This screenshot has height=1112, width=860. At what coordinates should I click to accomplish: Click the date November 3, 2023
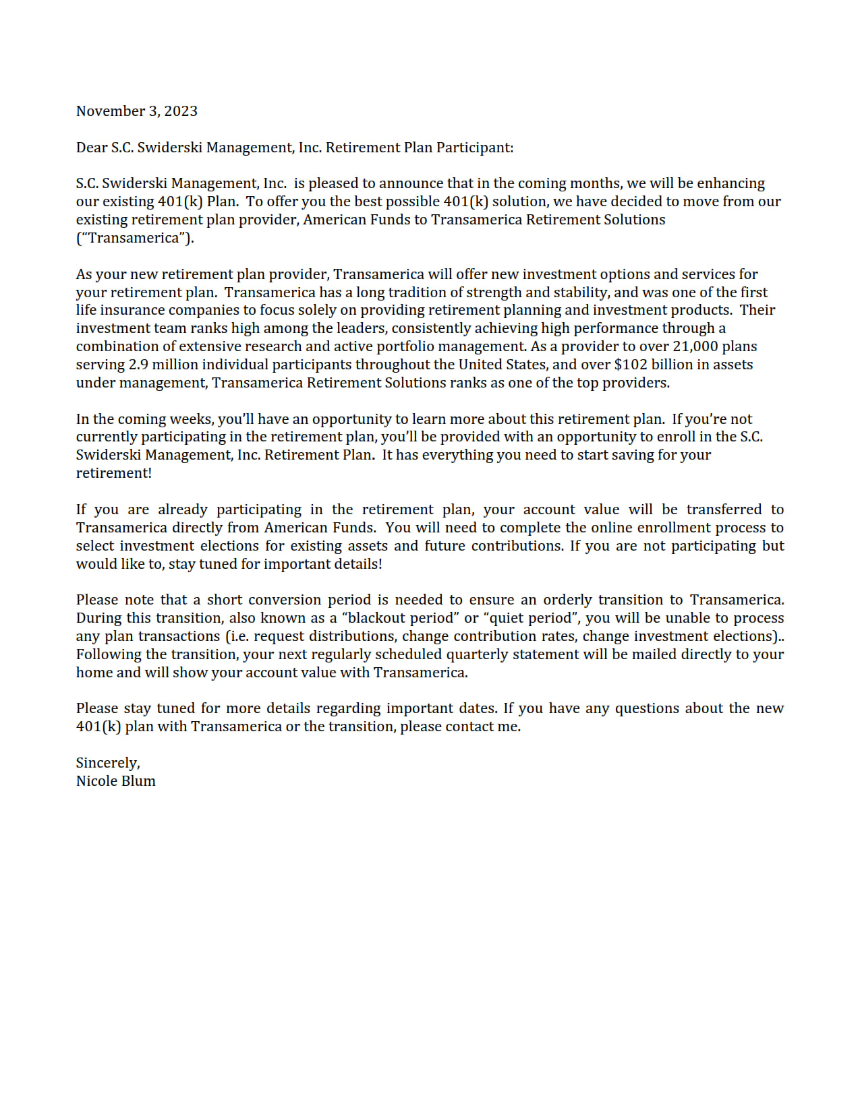(136, 111)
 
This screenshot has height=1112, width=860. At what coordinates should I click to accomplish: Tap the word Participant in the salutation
(474, 148)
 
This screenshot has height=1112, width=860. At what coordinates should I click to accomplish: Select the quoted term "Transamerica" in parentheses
(135, 238)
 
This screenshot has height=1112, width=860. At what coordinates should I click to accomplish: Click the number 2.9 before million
(138, 365)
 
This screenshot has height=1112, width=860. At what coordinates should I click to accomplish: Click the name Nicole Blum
(115, 781)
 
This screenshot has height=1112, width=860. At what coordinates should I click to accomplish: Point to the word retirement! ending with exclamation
(113, 473)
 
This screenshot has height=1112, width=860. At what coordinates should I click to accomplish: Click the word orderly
(568, 600)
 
